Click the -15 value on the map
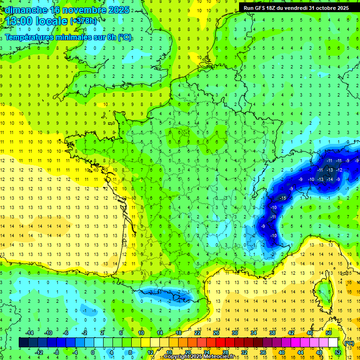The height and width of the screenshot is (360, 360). click(283, 198)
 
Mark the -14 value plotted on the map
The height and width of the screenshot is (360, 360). click(330, 179)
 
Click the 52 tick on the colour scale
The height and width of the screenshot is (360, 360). click(338, 352)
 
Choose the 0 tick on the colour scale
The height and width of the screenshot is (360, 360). click(93, 352)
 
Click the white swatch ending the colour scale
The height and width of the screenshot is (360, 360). click(333, 342)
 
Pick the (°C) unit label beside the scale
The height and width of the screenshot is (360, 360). click(349, 343)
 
